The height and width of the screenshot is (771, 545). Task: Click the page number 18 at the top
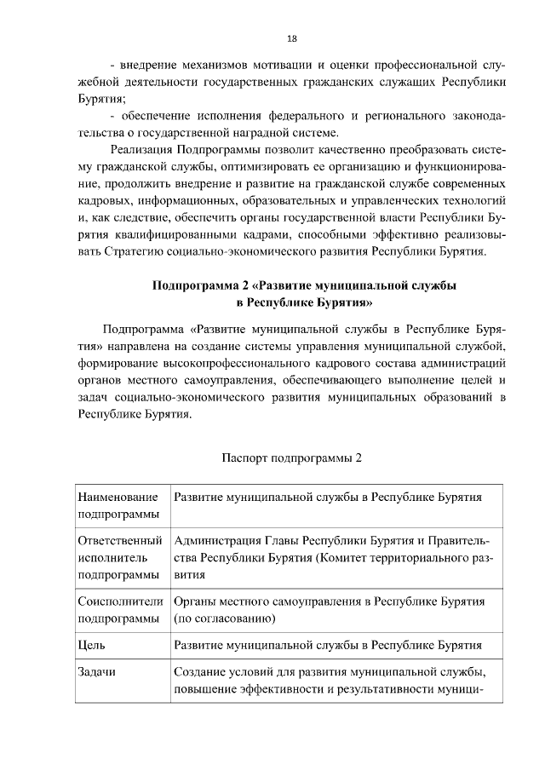291,38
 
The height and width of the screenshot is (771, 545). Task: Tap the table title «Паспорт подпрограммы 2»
292,457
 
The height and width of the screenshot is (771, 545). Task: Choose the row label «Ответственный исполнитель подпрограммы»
119,558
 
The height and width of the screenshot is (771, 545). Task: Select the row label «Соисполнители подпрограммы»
119,610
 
